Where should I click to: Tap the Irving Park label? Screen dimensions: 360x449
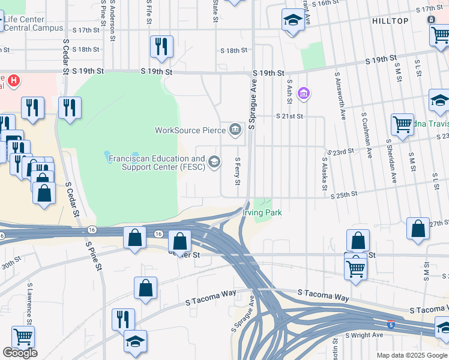[262, 213]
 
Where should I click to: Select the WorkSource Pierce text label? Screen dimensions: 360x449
[189, 130]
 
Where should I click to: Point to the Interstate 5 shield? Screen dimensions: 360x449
[391, 323]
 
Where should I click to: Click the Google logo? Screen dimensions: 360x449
[20, 353]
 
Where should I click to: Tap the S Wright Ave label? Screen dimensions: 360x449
[364, 335]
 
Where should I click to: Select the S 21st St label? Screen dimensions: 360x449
[289, 116]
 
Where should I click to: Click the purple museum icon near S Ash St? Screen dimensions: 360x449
[304, 94]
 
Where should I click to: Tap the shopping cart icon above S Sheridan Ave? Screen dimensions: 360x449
[402, 125]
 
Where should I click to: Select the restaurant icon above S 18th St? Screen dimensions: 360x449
[161, 46]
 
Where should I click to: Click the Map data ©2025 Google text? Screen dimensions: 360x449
[411, 355]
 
